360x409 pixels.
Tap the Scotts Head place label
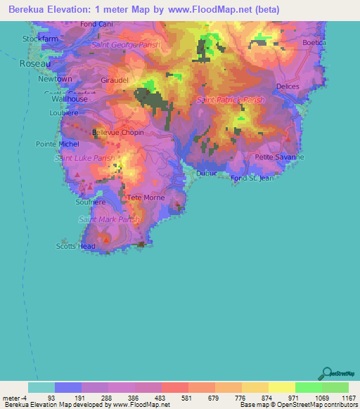pos(76,246)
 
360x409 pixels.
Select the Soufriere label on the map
pos(90,202)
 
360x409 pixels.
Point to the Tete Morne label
pos(146,197)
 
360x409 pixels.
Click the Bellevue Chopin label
pos(118,132)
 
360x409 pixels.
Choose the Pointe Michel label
pos(58,143)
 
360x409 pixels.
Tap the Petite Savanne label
pos(279,157)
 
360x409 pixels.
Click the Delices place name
pos(288,86)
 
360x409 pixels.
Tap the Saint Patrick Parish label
pos(231,100)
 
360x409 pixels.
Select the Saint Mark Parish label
pos(109,220)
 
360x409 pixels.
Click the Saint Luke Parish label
pos(85,158)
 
